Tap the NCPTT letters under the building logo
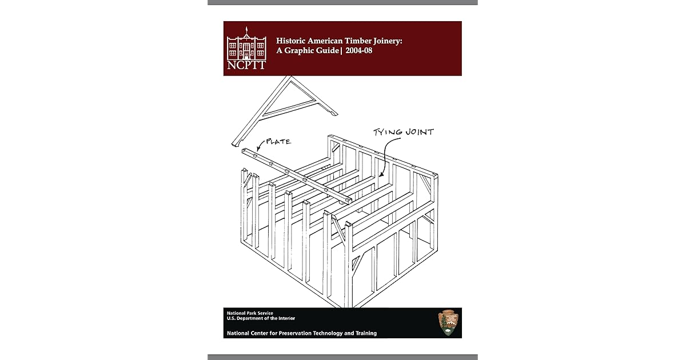click(246, 65)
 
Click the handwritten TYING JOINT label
click(403, 133)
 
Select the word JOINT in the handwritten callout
click(420, 133)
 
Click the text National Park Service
click(250, 313)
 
